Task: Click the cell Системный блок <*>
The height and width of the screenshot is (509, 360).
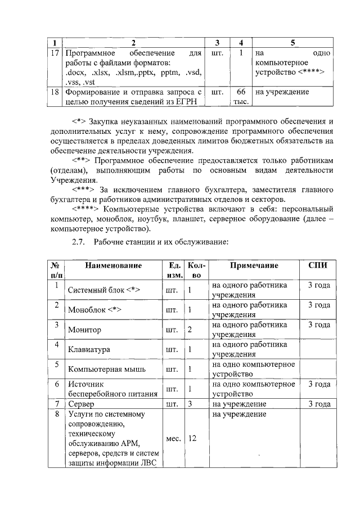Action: click(103, 291)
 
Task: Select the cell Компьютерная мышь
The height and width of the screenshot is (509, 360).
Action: click(106, 369)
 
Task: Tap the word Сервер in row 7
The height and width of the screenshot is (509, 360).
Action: click(80, 404)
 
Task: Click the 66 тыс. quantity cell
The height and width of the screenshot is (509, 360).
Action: click(241, 96)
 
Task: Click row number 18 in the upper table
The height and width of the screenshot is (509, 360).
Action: click(55, 91)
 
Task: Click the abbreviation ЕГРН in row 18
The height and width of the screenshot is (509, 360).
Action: click(188, 101)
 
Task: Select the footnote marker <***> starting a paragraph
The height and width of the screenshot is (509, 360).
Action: click(83, 189)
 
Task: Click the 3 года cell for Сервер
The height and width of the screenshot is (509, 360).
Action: click(319, 404)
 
